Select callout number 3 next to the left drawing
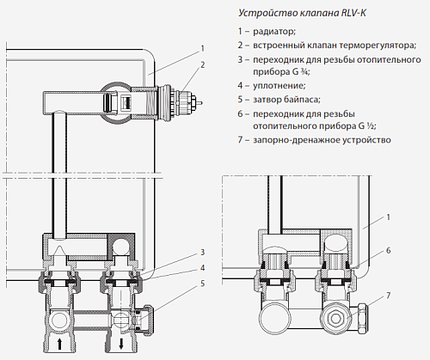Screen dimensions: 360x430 pos(201,252)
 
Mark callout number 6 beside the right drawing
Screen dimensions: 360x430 pos(388,250)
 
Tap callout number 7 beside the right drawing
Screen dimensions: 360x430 pos(388,295)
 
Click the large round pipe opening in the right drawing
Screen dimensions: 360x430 pos(274,315)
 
